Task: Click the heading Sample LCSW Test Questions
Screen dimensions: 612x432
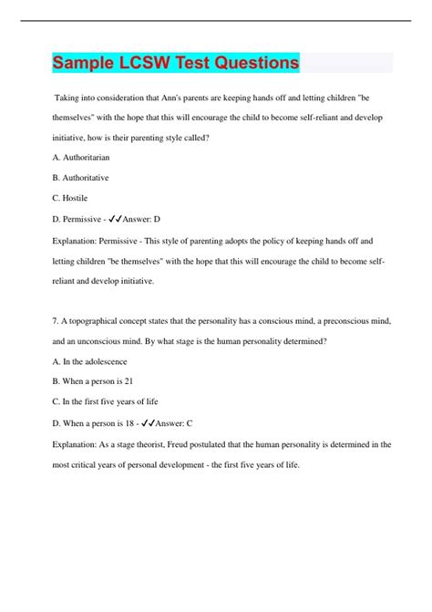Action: coord(175,63)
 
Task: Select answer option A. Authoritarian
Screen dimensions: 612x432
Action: coord(83,157)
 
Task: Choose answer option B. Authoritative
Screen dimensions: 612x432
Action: coord(82,176)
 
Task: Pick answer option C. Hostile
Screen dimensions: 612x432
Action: coord(69,196)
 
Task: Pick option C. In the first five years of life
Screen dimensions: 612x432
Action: coord(111,401)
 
